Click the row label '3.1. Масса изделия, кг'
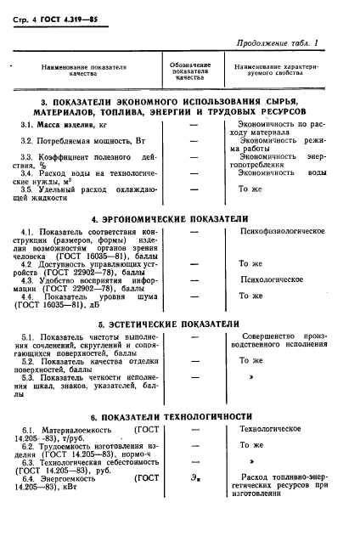click(67, 125)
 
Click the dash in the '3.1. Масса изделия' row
click(194, 125)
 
